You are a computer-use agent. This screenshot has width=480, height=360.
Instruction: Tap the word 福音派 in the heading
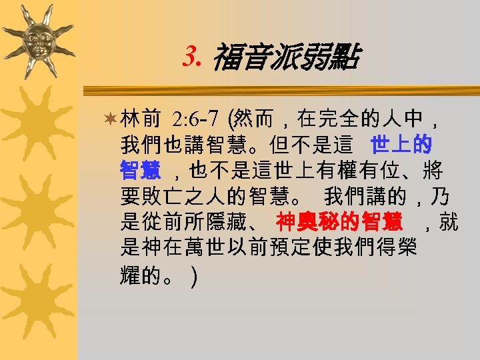[251, 59]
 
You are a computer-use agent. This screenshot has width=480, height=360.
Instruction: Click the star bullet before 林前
[111, 120]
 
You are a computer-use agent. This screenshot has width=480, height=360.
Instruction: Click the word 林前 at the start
[141, 120]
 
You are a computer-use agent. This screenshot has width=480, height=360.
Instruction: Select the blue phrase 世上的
[401, 144]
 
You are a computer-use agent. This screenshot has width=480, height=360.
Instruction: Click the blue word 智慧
[140, 171]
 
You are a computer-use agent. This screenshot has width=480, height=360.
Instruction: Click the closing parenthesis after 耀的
[193, 275]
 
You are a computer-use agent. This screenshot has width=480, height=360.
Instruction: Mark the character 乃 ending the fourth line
[439, 197]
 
